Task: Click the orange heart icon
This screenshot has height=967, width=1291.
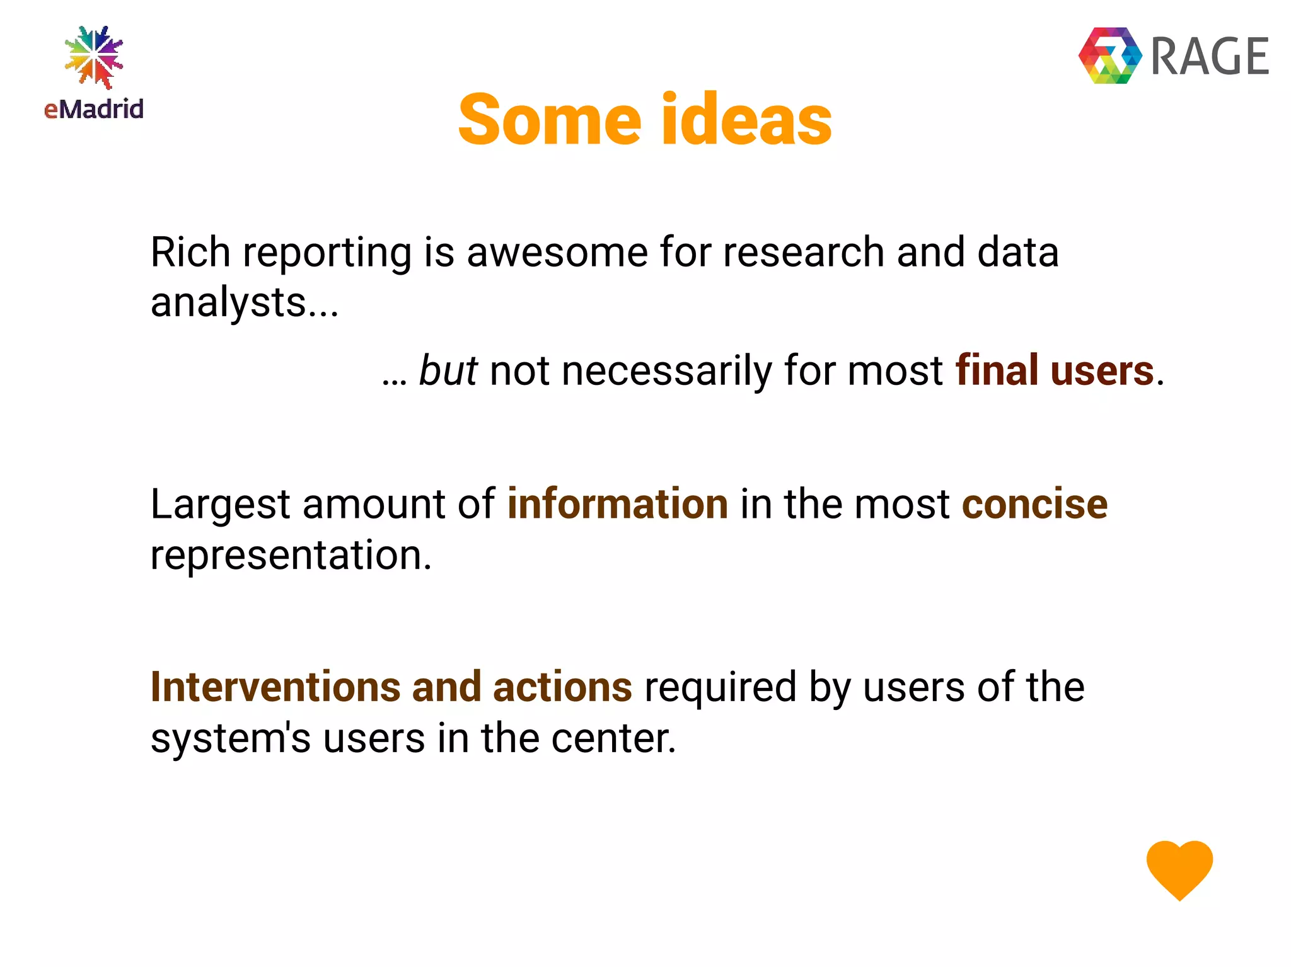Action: click(x=1179, y=869)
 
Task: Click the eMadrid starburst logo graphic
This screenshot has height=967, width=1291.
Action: click(x=94, y=57)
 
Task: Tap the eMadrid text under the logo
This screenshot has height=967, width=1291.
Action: click(x=94, y=110)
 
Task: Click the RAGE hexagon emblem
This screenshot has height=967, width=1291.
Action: click(x=1110, y=55)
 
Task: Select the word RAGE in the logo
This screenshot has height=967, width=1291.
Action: click(x=1209, y=57)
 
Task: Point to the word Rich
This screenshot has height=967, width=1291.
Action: click(x=190, y=252)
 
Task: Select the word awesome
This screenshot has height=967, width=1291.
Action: click(x=557, y=252)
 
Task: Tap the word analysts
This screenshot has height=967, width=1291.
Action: click(x=228, y=302)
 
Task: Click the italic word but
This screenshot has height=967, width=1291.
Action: click(x=448, y=370)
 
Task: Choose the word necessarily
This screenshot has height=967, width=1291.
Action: click(x=666, y=370)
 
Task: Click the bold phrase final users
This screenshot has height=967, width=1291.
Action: click(x=1055, y=370)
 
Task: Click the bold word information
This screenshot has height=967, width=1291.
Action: click(x=617, y=505)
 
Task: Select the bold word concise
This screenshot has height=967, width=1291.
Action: click(x=1034, y=505)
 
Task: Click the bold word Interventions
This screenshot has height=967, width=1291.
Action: click(x=275, y=687)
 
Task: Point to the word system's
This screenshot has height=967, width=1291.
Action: click(x=230, y=738)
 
